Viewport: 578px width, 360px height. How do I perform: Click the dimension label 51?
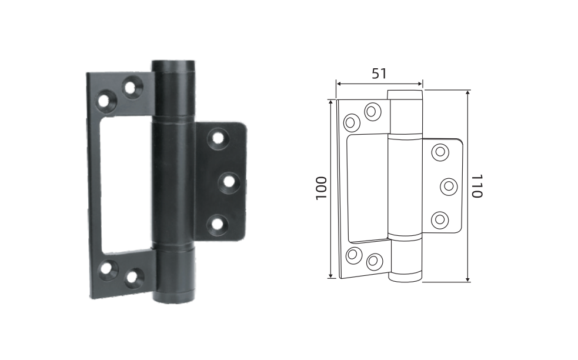(379, 74)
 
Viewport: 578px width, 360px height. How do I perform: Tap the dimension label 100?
(322, 188)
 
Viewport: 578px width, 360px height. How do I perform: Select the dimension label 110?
(477, 186)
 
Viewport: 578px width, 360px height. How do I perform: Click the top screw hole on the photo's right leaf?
(218, 138)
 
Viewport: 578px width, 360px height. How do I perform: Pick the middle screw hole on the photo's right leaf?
(228, 182)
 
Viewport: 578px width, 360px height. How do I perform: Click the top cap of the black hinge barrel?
(173, 66)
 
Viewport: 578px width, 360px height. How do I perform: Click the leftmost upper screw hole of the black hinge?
(106, 100)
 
